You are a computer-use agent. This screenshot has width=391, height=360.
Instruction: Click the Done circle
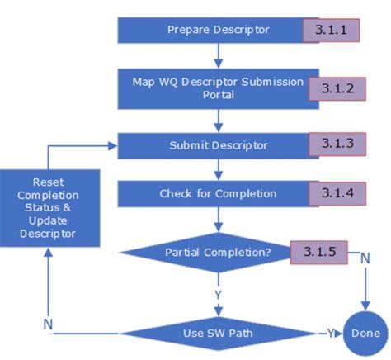[x=364, y=334]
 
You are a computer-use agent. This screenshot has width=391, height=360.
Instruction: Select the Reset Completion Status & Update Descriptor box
[x=49, y=207]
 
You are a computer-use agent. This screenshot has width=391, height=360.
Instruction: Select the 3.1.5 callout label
[x=318, y=252]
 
